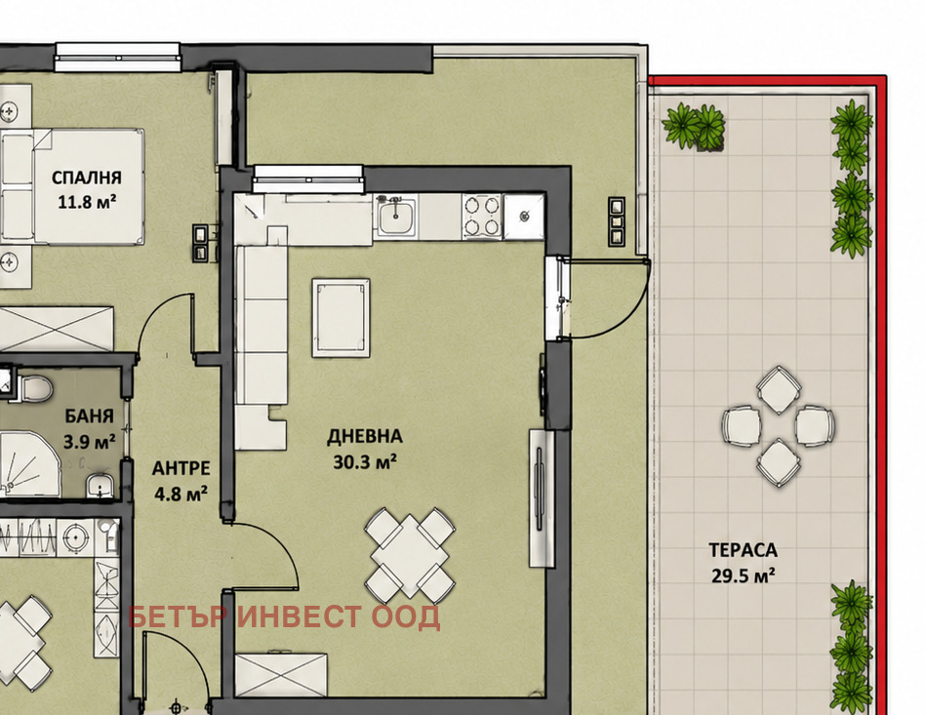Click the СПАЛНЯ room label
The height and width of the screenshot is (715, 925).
pyautogui.click(x=86, y=178)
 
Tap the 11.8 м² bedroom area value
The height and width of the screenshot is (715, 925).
pyautogui.click(x=87, y=202)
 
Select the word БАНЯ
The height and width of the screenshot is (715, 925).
pyautogui.click(x=89, y=417)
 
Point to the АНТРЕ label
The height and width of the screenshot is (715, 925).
pyautogui.click(x=181, y=468)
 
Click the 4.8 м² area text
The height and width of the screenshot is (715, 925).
pyautogui.click(x=181, y=494)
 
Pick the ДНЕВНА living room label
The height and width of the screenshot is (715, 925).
pyautogui.click(x=365, y=437)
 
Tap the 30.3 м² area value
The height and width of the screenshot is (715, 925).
pyautogui.click(x=365, y=462)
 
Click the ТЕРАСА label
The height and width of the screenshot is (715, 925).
pyautogui.click(x=743, y=550)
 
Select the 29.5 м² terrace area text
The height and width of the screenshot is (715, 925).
pyautogui.click(x=743, y=576)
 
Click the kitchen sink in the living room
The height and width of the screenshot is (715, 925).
pyautogui.click(x=396, y=218)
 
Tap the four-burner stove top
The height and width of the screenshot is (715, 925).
pyautogui.click(x=481, y=217)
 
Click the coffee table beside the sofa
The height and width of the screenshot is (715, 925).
pyautogui.click(x=341, y=318)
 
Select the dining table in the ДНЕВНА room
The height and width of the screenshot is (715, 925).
pyautogui.click(x=410, y=554)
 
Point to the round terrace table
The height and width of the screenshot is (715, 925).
pyautogui.click(x=778, y=426)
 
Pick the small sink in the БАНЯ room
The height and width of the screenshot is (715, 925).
pyautogui.click(x=101, y=485)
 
